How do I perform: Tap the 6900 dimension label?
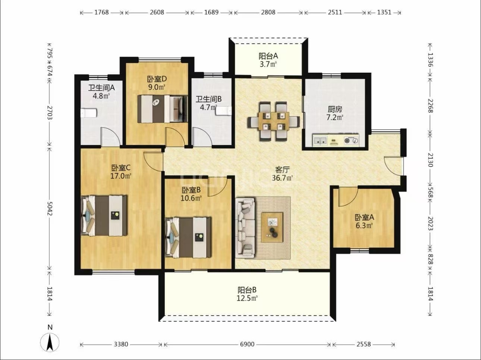tap(247, 344)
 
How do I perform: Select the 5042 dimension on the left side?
tap(50, 208)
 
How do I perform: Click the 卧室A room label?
tap(364, 217)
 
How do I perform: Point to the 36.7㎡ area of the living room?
tap(282, 178)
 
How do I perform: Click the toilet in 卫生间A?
tap(88, 113)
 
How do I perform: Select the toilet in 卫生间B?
tap(224, 111)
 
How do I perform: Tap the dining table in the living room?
tap(274, 121)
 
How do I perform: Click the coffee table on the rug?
tap(272, 227)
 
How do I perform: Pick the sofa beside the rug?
tap(245, 228)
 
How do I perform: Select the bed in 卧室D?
tap(162, 109)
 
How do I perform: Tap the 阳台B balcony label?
tap(247, 290)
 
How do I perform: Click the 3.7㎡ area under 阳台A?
tap(268, 64)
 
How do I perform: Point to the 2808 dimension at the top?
tap(268, 12)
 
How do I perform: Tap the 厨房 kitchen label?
tap(335, 109)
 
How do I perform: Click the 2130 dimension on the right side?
tap(431, 160)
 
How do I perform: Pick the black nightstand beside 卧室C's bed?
tap(115, 215)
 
